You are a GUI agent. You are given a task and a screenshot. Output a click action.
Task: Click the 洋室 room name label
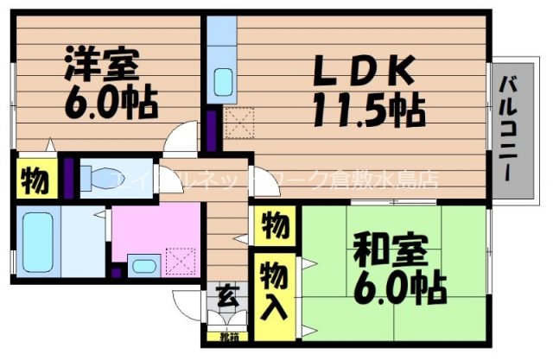click(101, 65)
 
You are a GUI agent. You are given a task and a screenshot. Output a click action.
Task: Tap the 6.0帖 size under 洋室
click(110, 104)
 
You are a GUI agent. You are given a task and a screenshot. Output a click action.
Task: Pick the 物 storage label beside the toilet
click(33, 181)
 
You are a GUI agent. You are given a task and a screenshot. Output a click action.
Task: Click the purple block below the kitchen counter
click(212, 129)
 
